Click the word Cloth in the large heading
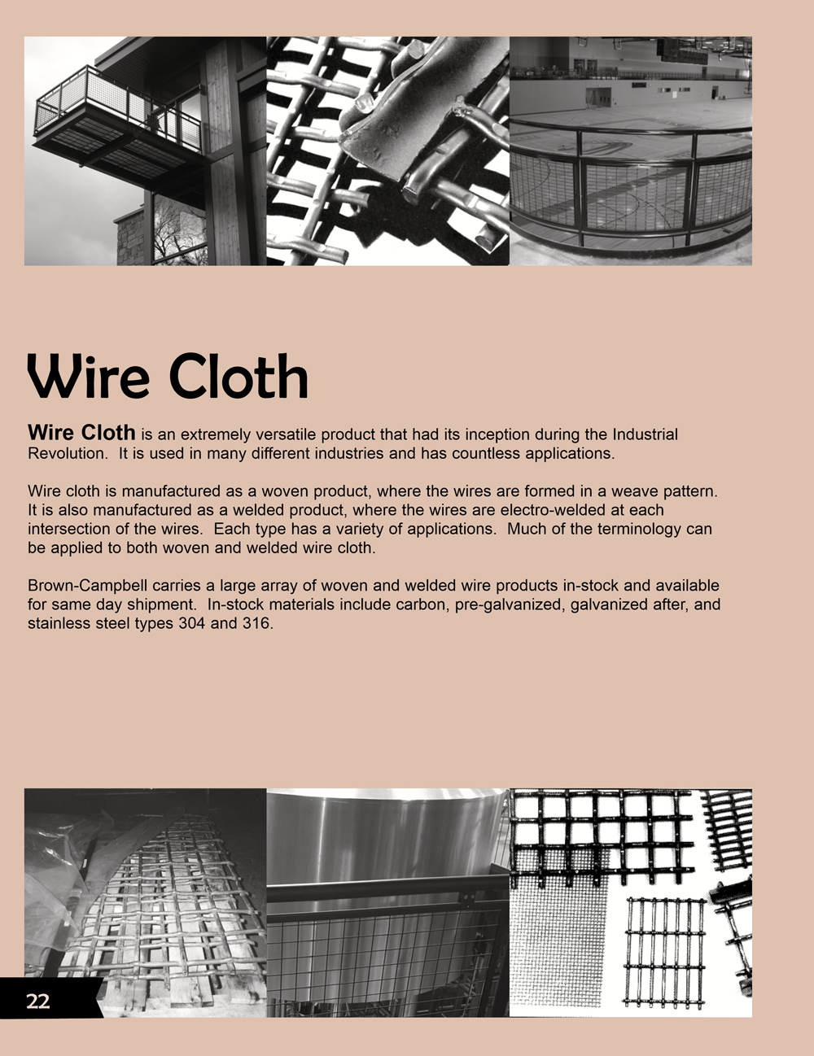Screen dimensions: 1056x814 (239, 377)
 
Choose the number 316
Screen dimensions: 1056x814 (258, 624)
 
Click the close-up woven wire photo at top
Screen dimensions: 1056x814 (387, 151)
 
